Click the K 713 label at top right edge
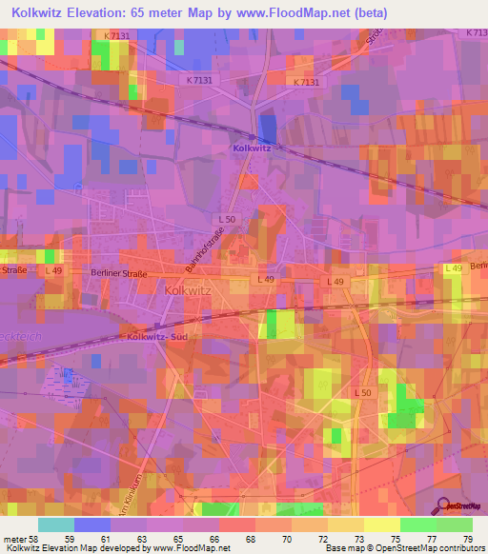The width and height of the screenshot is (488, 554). (476, 32)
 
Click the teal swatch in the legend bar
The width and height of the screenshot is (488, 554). (55, 524)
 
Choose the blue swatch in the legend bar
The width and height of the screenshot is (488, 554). (91, 524)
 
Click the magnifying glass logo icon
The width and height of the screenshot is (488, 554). (441, 505)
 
